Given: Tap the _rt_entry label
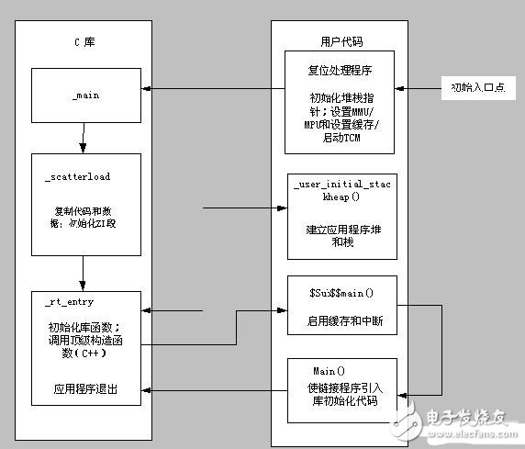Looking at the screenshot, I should click(69, 301).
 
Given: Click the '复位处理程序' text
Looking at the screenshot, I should click(339, 69).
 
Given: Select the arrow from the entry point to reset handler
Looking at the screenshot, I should click(418, 89).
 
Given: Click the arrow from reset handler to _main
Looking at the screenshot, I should click(211, 89).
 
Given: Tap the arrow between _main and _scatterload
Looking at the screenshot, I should click(84, 140).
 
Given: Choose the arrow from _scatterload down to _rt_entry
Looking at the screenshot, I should click(84, 271).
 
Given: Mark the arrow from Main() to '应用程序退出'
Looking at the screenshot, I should click(216, 391).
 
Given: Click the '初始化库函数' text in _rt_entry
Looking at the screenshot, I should click(83, 327).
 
